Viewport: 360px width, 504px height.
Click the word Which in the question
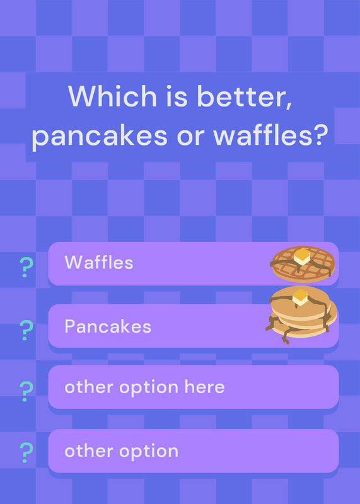(x=112, y=96)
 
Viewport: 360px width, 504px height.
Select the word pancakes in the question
(x=100, y=136)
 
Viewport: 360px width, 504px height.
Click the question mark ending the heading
(x=317, y=134)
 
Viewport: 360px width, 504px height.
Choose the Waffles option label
(x=99, y=262)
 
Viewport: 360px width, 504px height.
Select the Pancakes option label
(x=108, y=326)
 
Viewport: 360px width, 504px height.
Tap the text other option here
(x=144, y=387)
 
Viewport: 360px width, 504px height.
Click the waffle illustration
(x=303, y=263)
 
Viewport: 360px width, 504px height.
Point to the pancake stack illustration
(x=301, y=314)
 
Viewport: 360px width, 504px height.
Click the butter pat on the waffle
(x=302, y=256)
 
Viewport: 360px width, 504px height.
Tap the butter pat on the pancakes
(x=300, y=297)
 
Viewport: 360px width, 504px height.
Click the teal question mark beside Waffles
(x=26, y=267)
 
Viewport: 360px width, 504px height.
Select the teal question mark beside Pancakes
(x=26, y=330)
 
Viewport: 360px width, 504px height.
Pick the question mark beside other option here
(x=26, y=391)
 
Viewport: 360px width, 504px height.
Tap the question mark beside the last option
(x=26, y=452)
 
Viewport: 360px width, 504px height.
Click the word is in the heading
(x=177, y=96)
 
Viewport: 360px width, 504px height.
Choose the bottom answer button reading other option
(x=194, y=450)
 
